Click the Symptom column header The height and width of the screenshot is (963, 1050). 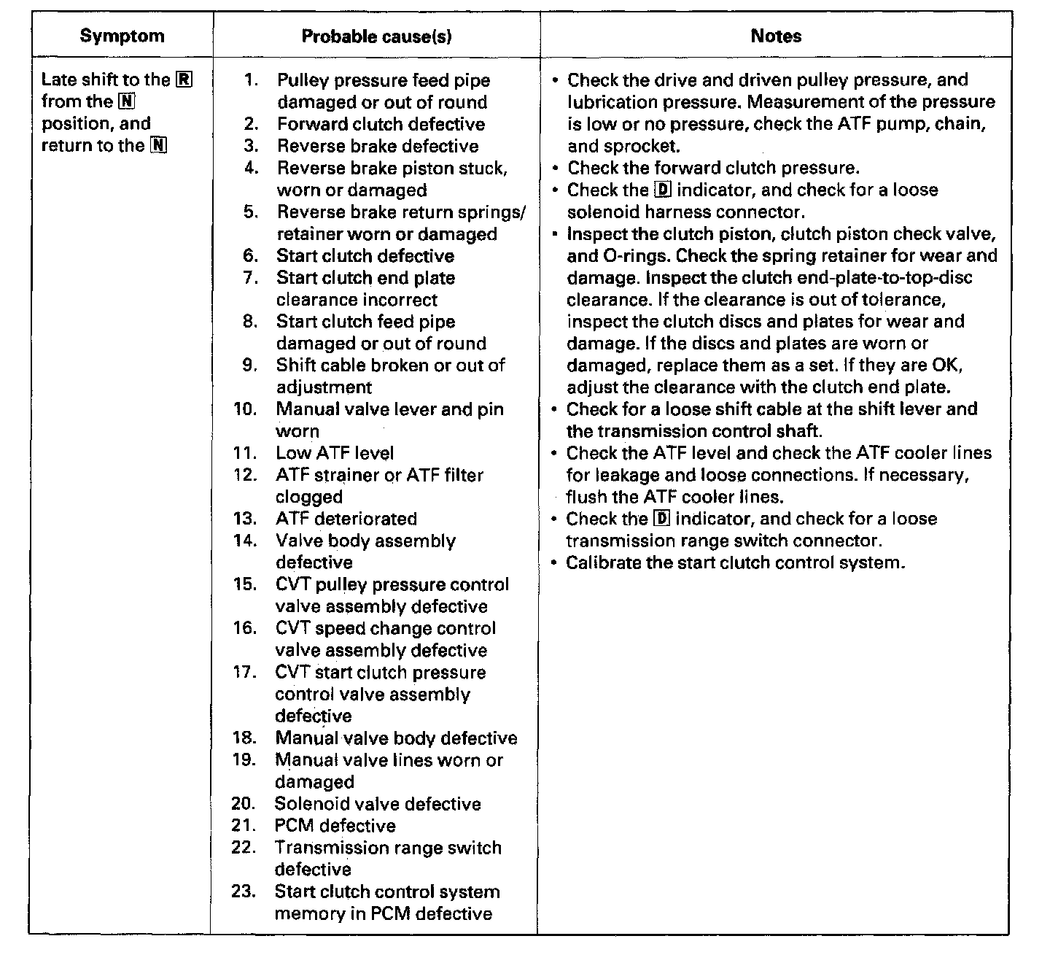click(122, 36)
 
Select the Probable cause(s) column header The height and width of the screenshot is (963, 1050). click(376, 36)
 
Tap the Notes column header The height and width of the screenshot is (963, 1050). click(776, 36)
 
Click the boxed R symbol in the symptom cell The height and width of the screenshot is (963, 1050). click(184, 80)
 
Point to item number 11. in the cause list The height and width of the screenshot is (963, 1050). click(245, 453)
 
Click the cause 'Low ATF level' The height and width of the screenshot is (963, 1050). click(335, 453)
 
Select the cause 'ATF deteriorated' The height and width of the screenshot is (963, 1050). click(346, 519)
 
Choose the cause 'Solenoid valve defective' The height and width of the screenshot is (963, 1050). click(378, 804)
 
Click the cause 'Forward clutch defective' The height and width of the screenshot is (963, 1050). click(381, 124)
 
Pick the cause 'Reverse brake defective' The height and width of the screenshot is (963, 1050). click(378, 146)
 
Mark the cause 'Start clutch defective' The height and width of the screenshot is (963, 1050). click(365, 256)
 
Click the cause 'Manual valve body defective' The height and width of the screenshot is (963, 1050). click(396, 738)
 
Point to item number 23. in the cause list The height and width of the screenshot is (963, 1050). click(244, 892)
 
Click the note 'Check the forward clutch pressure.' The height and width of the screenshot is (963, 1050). click(713, 168)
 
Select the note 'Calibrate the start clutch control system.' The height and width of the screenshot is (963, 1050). click(735, 562)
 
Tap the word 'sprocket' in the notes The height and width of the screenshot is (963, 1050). click(640, 146)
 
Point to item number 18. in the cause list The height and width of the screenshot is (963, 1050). click(244, 738)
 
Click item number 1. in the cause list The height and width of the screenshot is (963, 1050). click(252, 80)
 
